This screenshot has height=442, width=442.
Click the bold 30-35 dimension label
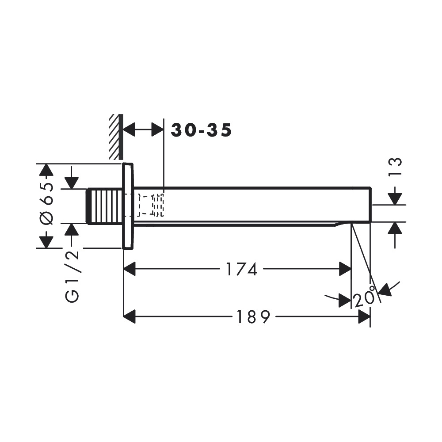tap(201, 130)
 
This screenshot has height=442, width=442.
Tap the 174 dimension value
tap(242, 269)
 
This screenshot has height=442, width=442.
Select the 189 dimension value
tap(253, 317)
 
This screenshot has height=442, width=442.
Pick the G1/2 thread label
tap(72, 277)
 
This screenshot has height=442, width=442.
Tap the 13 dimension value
tap(395, 167)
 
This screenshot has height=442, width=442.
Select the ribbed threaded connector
tap(105, 206)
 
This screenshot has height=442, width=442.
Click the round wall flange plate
tap(128, 206)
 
